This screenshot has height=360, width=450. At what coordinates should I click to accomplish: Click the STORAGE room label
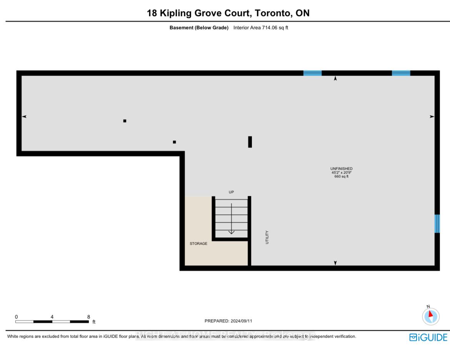tap(198, 244)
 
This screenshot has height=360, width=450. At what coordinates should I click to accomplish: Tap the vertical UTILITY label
tap(267, 237)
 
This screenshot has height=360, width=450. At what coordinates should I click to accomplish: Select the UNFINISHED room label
tap(341, 169)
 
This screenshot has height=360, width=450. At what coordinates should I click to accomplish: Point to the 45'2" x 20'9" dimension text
tap(341, 173)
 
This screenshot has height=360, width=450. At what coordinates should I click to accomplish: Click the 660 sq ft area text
tap(341, 177)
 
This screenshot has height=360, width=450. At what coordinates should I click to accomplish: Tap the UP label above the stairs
tap(231, 192)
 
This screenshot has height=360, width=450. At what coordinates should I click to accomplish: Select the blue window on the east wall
tap(437, 224)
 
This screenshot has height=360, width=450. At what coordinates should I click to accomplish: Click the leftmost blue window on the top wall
tap(312, 73)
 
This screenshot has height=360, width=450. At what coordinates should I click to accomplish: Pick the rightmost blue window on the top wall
tap(401, 73)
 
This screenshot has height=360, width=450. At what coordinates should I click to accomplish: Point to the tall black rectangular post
tap(250, 142)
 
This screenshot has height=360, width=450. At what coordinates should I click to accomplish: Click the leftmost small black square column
tap(125, 121)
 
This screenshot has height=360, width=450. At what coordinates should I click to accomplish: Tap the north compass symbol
tap(430, 316)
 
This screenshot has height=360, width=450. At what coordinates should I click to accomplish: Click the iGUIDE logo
tap(428, 337)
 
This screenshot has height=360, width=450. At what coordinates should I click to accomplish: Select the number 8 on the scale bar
tap(88, 317)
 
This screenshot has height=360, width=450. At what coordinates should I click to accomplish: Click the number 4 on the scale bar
tap(52, 317)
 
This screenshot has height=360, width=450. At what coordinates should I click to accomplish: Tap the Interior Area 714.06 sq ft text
tap(261, 28)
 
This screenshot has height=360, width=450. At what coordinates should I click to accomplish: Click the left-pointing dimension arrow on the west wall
tap(24, 116)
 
